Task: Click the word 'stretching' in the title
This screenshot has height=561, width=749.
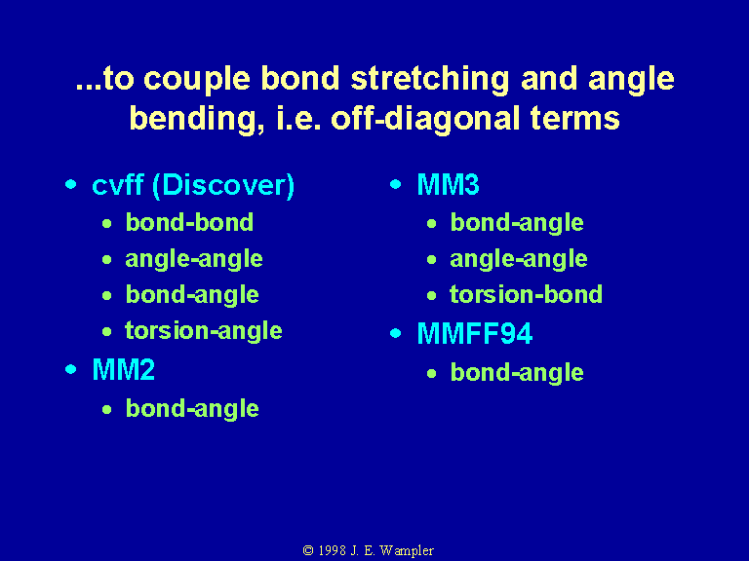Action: tap(430, 79)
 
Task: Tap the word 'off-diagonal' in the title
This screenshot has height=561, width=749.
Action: tap(425, 118)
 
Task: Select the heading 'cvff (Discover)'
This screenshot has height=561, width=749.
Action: tap(193, 185)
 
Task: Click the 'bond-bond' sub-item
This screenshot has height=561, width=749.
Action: tap(189, 222)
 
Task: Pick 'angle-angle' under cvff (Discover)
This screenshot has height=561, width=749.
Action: tap(194, 259)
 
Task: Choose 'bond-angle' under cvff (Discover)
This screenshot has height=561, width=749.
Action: tap(192, 295)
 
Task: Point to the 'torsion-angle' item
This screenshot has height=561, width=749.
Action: tap(204, 331)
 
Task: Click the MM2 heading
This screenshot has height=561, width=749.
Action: tap(123, 369)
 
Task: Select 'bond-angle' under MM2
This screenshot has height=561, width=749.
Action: tap(192, 409)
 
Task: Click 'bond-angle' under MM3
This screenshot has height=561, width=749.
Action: tap(517, 223)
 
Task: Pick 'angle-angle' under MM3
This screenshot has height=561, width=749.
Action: tap(519, 259)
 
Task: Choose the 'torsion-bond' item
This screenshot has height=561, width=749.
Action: tap(526, 294)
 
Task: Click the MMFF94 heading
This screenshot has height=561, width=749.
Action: tap(474, 333)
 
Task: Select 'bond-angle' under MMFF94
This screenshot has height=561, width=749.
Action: tap(517, 373)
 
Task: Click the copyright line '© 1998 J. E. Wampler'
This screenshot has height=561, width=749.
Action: tap(369, 550)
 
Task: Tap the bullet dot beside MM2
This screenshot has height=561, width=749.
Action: tap(70, 369)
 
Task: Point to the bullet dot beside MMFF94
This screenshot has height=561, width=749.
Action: tap(396, 333)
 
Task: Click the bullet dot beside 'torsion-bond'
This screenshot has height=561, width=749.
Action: tap(432, 296)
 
